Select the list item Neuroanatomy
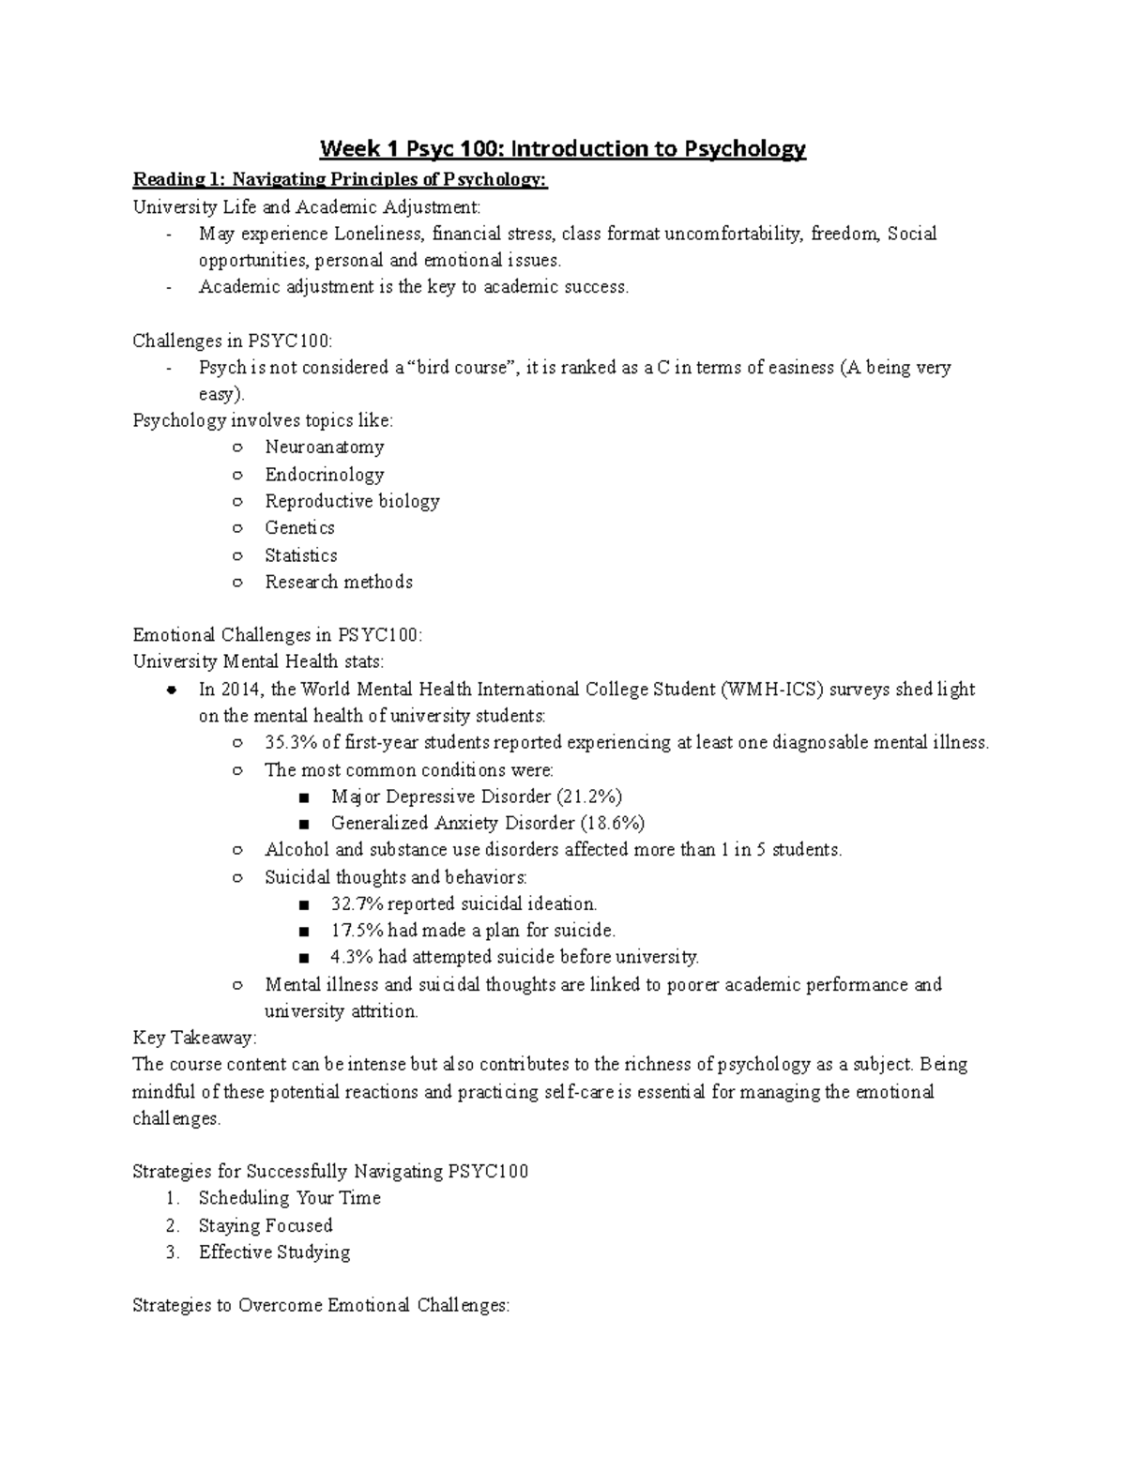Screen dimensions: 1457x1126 point(324,448)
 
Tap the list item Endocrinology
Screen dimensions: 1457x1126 point(324,475)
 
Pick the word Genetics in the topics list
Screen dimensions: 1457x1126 point(299,528)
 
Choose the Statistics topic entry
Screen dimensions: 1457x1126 point(300,555)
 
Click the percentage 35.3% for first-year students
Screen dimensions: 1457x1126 point(290,743)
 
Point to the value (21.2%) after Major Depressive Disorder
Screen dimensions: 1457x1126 point(589,797)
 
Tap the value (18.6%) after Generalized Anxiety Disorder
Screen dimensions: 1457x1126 point(613,824)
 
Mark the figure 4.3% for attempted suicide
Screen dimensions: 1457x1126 point(352,958)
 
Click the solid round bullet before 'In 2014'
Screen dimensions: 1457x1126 point(171,691)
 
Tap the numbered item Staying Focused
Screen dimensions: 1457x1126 point(266,1225)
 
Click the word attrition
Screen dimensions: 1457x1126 point(384,1011)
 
